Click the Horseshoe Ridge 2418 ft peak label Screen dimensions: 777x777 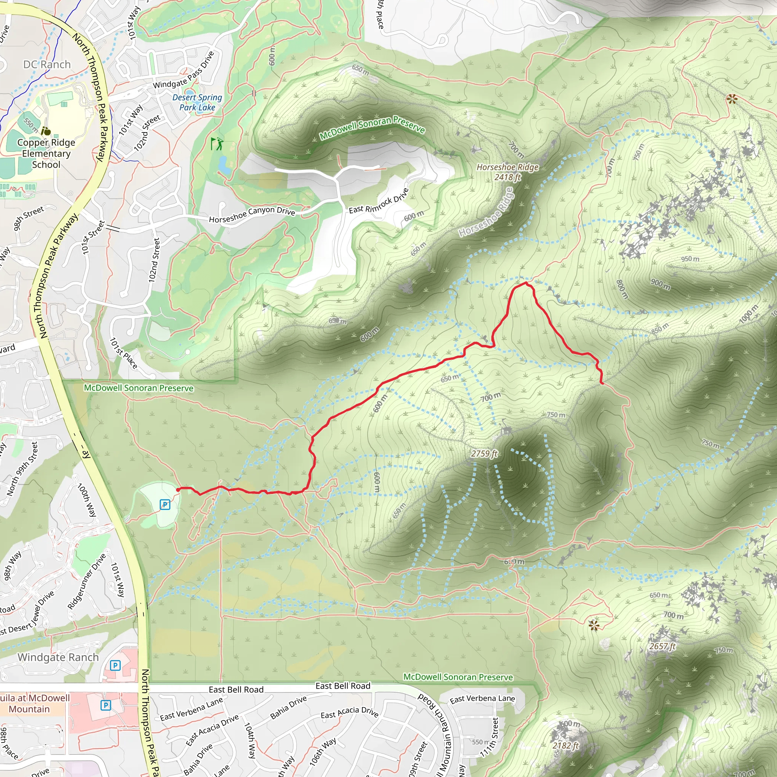[507, 172]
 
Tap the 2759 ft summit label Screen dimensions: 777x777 [484, 454]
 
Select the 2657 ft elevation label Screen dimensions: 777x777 [662, 646]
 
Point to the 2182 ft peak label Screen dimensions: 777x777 [565, 746]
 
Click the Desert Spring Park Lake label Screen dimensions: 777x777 [197, 102]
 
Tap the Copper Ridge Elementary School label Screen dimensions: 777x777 [46, 153]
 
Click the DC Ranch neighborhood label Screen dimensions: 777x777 [47, 64]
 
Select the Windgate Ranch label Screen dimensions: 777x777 [58, 657]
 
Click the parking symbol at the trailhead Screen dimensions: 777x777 [165, 504]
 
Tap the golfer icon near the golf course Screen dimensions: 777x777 [216, 143]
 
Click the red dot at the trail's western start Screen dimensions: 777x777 [178, 489]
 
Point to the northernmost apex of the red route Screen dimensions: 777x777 [525, 283]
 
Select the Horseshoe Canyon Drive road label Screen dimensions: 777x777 [252, 214]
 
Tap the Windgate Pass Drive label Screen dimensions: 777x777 [183, 71]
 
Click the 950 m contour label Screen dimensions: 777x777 [690, 259]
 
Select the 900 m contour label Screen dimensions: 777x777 [661, 284]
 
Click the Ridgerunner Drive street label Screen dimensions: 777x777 [87, 581]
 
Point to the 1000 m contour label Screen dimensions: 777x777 [749, 314]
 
